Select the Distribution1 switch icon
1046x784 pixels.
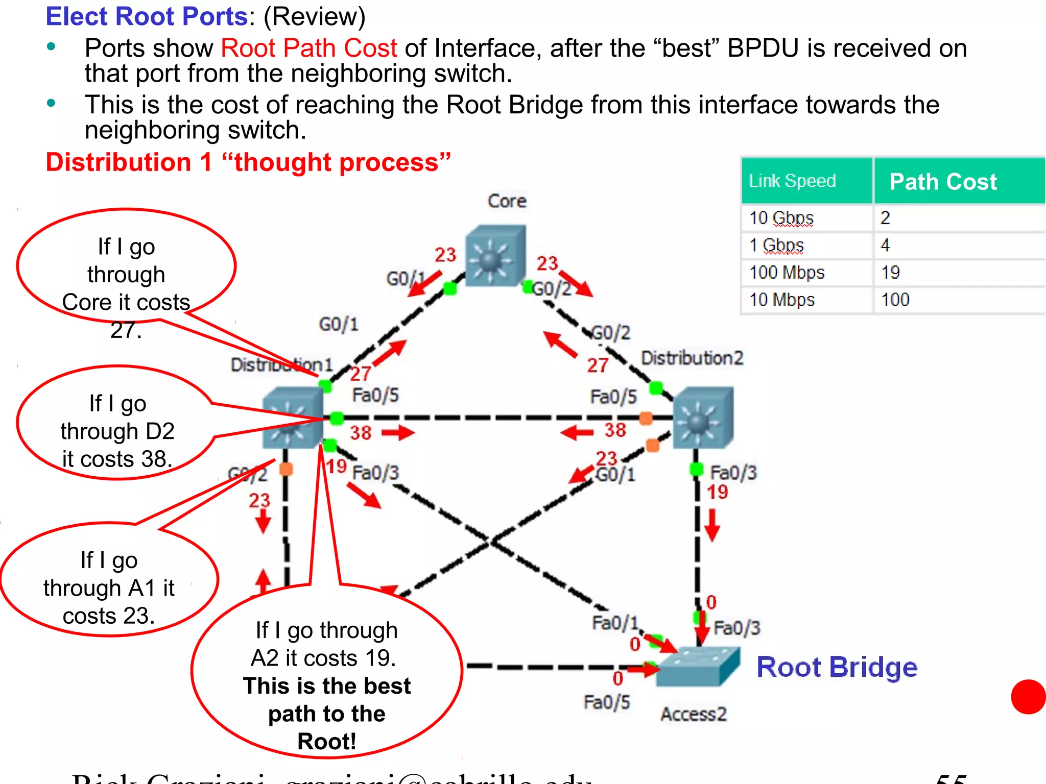point(293,418)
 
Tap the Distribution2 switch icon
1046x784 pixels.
point(703,418)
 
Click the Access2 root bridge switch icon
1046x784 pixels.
point(698,667)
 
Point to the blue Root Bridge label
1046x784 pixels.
point(837,667)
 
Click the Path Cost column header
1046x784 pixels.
point(943,182)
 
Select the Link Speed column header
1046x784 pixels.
point(792,181)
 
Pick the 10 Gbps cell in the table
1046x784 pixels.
point(781,218)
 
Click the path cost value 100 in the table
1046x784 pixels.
point(895,300)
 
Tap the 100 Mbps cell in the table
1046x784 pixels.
point(787,273)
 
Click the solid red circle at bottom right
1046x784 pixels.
point(1028,697)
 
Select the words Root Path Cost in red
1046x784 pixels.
point(308,48)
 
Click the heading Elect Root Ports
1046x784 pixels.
point(147,16)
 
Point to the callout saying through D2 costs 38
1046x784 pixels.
point(117,431)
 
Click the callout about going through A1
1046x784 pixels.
point(109,587)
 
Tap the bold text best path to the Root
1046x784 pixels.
point(326,713)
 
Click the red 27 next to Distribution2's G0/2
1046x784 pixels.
point(597,365)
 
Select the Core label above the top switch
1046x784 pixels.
point(507,201)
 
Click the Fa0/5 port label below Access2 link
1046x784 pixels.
point(606,702)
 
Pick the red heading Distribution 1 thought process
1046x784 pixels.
point(248,162)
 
